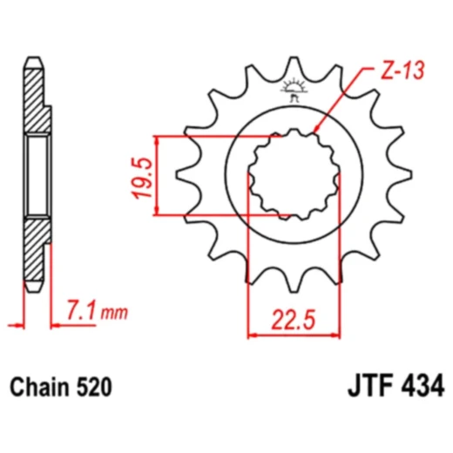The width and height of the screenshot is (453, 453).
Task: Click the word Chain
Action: (x=39, y=385)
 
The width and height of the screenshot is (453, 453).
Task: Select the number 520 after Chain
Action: (x=92, y=385)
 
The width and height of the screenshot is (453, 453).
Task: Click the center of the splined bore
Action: (x=294, y=175)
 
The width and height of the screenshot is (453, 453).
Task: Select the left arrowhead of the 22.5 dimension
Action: (x=254, y=333)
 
